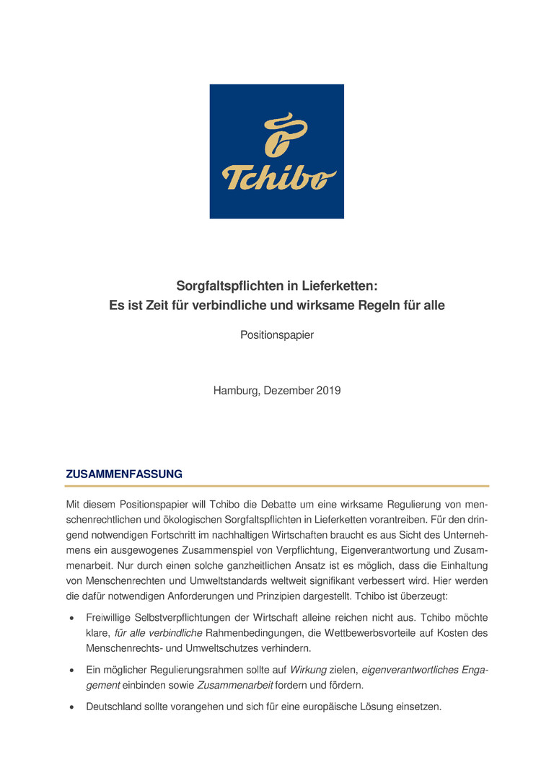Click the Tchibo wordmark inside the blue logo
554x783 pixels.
tap(278, 178)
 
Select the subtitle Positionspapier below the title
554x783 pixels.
tap(277, 335)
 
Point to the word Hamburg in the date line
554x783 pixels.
tap(234, 391)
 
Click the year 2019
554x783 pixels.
tap(327, 391)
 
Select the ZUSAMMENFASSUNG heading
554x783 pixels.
tap(124, 474)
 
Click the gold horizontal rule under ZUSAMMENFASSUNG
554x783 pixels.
tap(277, 486)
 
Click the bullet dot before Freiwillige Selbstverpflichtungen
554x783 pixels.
tap(71, 619)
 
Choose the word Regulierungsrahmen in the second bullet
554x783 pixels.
tap(190, 670)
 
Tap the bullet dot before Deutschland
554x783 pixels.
tap(71, 708)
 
